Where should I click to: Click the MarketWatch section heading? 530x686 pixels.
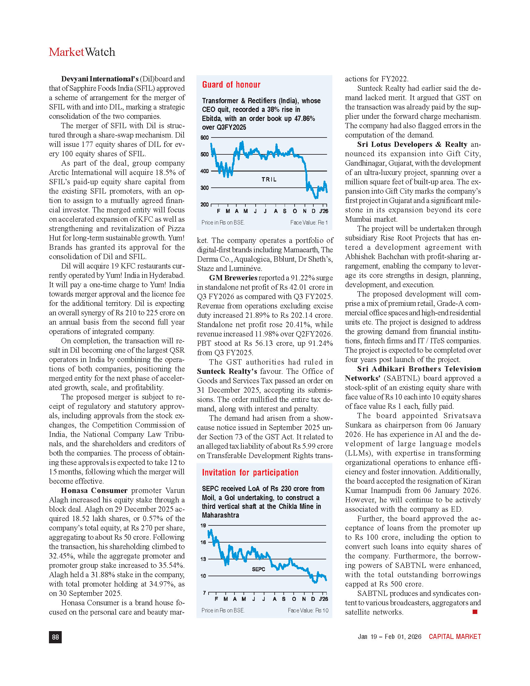tap(82, 52)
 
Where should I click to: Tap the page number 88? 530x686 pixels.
tap(55, 637)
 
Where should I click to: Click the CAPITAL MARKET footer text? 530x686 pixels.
tap(455, 636)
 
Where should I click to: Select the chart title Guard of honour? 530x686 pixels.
tap(231, 85)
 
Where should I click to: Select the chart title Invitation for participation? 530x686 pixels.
tap(250, 472)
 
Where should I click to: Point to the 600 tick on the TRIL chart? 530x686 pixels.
tap(205, 138)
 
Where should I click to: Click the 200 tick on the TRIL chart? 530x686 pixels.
tap(205, 205)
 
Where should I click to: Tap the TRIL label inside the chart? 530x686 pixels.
tap(269, 179)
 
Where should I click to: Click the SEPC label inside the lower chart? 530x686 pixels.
tap(258, 569)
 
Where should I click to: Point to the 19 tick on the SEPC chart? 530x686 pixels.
tap(204, 525)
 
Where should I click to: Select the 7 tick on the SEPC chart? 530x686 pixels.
tap(205, 593)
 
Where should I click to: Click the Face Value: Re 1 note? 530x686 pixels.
tap(309, 222)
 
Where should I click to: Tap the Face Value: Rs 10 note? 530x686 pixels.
tap(308, 610)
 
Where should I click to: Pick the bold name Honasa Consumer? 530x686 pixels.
tap(94, 490)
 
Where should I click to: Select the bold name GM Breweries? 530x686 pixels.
tap(233, 278)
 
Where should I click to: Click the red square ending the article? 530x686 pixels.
tap(475, 611)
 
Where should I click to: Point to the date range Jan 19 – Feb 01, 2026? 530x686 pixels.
tap(389, 636)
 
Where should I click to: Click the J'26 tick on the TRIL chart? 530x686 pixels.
tap(323, 211)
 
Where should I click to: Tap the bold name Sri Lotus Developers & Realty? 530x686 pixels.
tap(412, 144)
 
